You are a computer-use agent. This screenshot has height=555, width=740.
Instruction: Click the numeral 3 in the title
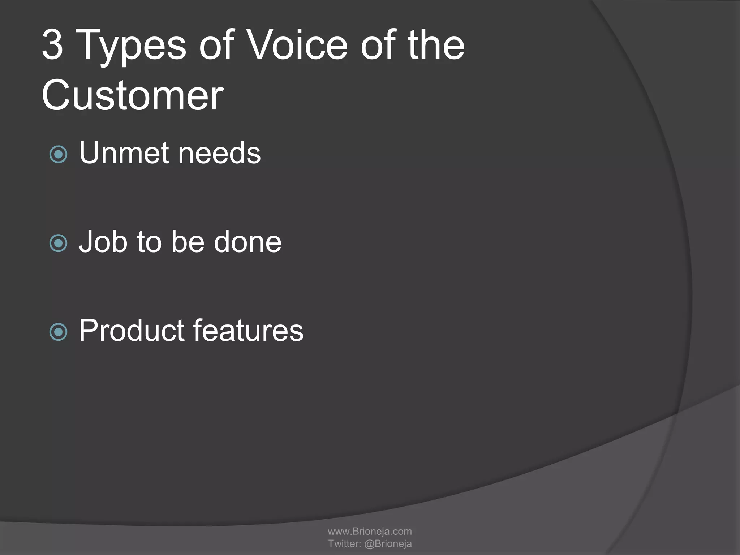click(53, 45)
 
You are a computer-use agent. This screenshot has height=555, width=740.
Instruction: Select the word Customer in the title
click(133, 95)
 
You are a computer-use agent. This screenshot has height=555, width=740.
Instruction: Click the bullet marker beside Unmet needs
click(58, 155)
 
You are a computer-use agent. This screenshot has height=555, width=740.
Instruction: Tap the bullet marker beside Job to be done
click(58, 243)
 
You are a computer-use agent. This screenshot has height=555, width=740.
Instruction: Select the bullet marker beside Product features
click(58, 332)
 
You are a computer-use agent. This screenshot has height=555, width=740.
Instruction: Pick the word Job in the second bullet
click(103, 242)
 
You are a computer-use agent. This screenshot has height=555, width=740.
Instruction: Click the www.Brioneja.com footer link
click(370, 531)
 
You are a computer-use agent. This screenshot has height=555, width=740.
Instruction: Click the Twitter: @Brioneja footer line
click(370, 543)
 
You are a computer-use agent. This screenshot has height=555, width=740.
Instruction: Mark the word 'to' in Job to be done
click(149, 242)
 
